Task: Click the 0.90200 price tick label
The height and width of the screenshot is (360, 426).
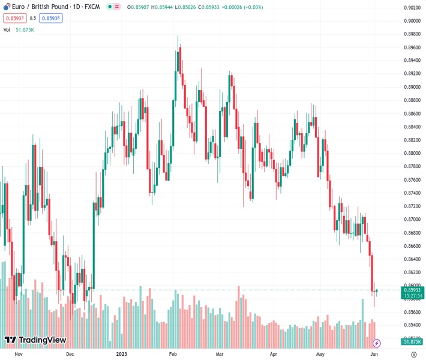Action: click(x=412, y=8)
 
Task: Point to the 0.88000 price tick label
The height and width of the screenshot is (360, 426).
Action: click(x=412, y=154)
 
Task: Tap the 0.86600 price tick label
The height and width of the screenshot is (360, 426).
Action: click(x=412, y=246)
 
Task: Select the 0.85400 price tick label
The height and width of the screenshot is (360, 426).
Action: click(x=412, y=325)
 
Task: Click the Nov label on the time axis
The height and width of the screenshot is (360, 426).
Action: click(x=18, y=355)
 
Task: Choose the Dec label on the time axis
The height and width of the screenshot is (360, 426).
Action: click(x=70, y=355)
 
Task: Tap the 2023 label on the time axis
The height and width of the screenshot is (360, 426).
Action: click(x=122, y=355)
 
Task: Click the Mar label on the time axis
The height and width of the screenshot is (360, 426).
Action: click(x=219, y=355)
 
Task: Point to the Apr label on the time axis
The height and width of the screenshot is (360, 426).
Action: click(x=274, y=355)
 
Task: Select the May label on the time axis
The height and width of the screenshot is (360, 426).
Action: click(x=320, y=355)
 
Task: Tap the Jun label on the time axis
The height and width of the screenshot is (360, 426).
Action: click(x=374, y=355)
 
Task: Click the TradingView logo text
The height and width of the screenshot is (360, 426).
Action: click(x=35, y=340)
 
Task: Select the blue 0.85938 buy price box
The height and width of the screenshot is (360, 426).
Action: click(x=50, y=18)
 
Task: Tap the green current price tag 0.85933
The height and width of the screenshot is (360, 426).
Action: click(x=412, y=289)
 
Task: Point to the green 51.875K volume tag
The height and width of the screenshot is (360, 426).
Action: click(x=412, y=342)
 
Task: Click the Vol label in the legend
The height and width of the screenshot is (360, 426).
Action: click(x=7, y=29)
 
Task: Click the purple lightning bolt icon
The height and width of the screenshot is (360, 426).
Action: click(x=376, y=343)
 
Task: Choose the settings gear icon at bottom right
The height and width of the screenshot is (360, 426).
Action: click(x=413, y=355)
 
